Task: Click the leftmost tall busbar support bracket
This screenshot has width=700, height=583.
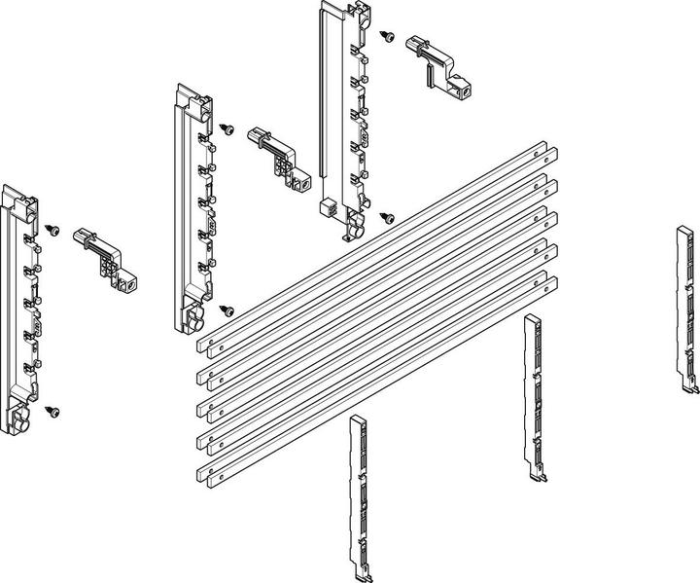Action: tap(21, 311)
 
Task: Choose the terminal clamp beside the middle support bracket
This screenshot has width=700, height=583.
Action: tap(278, 156)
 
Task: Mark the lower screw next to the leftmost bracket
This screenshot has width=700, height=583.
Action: tap(52, 412)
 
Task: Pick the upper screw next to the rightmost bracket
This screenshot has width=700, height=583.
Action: tap(387, 36)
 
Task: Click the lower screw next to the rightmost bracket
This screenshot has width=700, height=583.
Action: tap(388, 218)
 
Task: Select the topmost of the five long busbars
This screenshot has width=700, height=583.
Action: tap(379, 247)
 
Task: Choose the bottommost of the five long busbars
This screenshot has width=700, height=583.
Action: tap(379, 380)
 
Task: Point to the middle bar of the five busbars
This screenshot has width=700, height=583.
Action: tap(379, 313)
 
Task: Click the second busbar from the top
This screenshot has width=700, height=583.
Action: tap(379, 280)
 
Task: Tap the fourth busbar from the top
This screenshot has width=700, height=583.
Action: tap(379, 346)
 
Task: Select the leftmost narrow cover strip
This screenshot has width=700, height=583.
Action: tap(357, 496)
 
